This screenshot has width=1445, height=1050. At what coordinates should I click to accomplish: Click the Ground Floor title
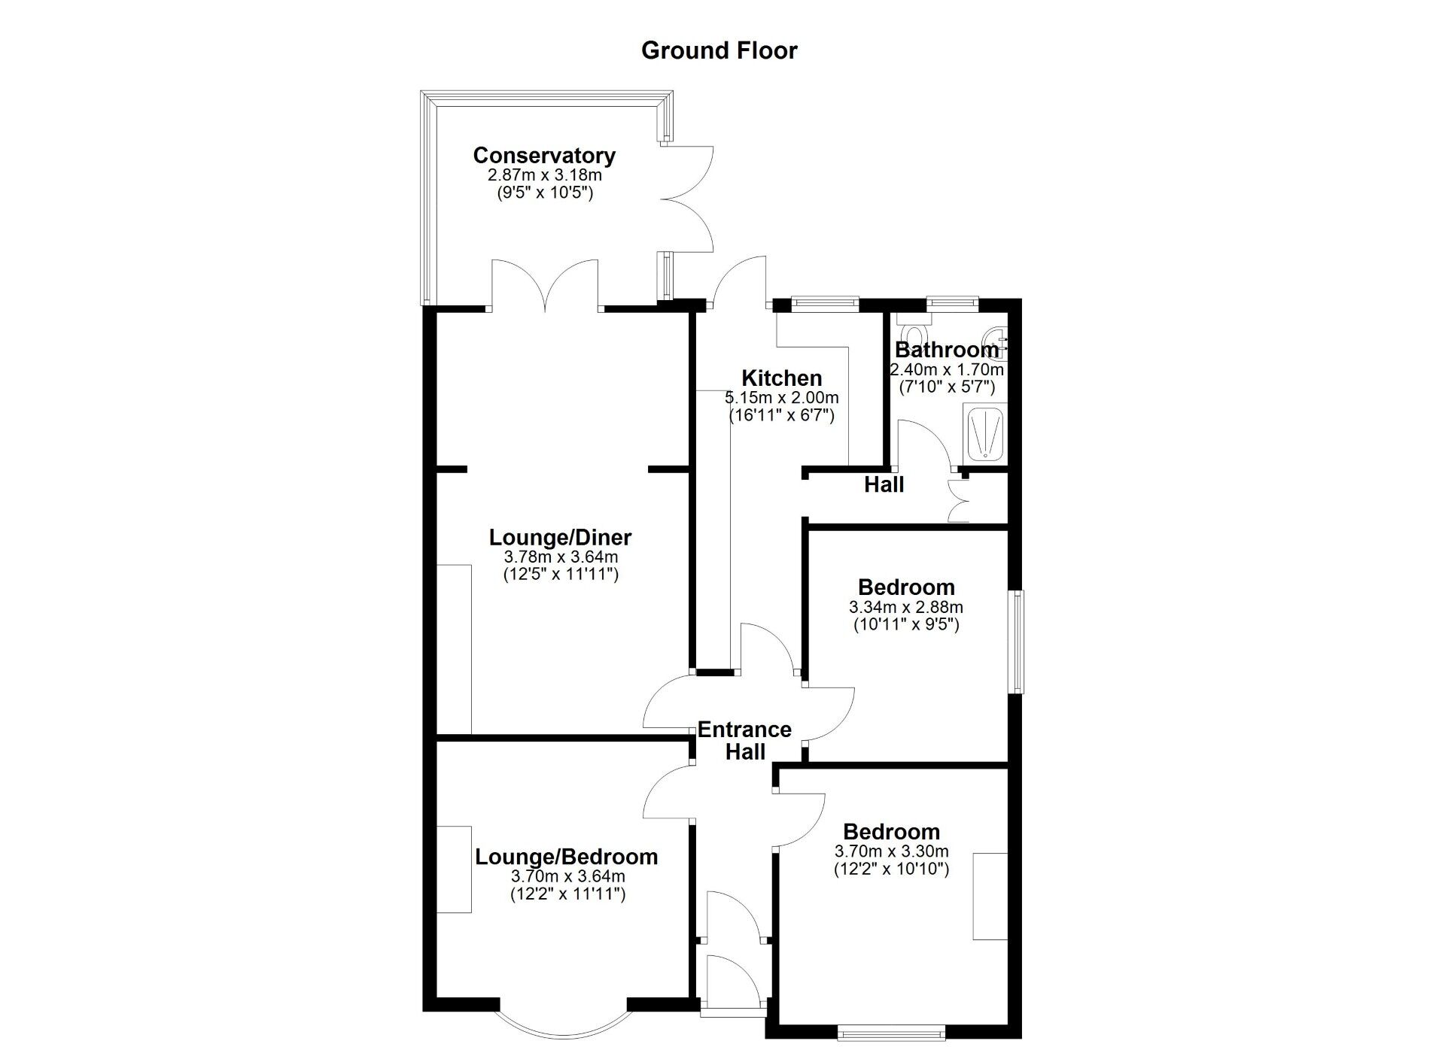pos(719,50)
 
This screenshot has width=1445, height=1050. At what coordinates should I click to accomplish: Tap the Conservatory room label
pos(544,156)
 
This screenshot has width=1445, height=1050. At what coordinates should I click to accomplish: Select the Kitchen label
pos(782,378)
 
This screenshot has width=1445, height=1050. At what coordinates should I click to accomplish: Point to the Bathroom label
pos(947,351)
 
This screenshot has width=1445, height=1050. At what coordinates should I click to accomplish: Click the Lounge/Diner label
pos(560,538)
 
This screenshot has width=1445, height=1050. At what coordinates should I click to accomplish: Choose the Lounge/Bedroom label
pos(567,857)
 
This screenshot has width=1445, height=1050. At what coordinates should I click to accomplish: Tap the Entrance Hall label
pos(745,741)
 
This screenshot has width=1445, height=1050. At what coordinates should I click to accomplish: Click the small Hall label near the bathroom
pos(884,485)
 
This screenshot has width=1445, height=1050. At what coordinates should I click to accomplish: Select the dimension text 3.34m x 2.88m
pos(906,607)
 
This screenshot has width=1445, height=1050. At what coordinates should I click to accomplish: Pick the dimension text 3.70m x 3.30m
pos(891,852)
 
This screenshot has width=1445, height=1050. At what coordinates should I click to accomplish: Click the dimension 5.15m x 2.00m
pos(782,398)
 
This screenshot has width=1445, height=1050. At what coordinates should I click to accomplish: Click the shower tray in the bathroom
pos(984,433)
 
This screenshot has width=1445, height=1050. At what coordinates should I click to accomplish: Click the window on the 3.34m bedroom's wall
pos(1018,641)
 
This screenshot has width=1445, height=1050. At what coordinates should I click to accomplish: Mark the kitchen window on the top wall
pos(826,303)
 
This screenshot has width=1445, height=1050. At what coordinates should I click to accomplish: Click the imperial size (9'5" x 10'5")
pos(544,193)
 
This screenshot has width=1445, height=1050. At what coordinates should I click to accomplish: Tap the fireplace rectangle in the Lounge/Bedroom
pos(454,869)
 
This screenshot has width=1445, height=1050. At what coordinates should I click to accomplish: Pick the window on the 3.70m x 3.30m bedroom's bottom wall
pos(891,1034)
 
